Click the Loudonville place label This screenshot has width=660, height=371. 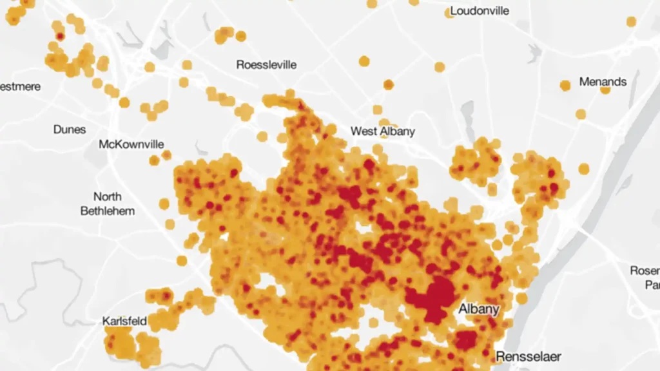point(480,10)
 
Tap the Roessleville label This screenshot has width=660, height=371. point(266,64)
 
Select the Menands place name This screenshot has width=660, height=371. point(603,82)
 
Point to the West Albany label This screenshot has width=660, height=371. point(383,131)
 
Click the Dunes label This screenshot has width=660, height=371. point(70,129)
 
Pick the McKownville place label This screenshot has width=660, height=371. point(131,144)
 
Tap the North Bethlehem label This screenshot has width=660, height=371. point(108,204)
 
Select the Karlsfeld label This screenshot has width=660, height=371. point(124,321)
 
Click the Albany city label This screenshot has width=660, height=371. point(479,309)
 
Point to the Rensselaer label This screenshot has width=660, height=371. point(529,356)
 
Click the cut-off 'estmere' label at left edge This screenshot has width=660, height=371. point(20,86)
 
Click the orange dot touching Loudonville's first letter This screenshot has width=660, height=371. point(449,13)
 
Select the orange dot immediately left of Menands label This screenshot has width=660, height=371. point(565,85)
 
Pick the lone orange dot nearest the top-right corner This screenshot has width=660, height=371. point(631,21)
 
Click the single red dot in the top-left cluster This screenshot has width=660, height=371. point(60,37)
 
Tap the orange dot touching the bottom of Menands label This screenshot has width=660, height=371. point(605,90)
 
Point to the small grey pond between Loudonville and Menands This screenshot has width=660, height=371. point(534,52)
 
